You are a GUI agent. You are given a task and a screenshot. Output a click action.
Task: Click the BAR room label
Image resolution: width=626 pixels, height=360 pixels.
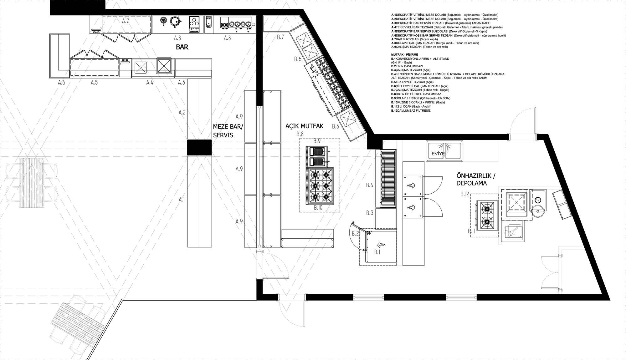coord(182,47)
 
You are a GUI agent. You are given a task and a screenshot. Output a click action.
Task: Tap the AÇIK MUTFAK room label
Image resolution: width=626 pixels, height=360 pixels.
coord(304,126)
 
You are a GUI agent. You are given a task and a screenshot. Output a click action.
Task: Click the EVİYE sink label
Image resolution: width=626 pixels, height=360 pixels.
coord(438,154)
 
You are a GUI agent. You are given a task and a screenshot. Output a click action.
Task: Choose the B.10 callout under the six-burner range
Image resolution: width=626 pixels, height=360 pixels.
coord(318,207)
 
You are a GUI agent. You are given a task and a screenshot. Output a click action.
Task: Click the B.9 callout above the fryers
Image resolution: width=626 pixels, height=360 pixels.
coord(317,141)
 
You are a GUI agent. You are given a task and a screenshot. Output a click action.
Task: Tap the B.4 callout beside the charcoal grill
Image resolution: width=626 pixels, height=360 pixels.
coord(370,185)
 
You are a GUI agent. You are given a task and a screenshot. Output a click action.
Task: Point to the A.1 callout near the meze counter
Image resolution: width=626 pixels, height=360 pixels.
coord(182,199)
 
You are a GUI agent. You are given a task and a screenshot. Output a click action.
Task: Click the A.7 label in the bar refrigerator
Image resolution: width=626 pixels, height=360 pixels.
coord(126,21)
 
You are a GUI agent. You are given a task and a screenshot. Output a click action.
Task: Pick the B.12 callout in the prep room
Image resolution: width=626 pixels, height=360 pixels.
coord(465,194)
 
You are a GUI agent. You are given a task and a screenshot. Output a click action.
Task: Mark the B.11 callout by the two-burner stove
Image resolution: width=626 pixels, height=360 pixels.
coord(472,231)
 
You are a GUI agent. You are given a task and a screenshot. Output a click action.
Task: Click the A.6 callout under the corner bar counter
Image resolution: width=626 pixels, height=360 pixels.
coord(61,83)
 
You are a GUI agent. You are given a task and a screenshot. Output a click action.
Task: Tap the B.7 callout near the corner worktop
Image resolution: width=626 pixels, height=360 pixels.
coord(280,37)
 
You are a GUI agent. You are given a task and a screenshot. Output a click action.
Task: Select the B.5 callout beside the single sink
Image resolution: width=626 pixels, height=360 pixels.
coord(336,126)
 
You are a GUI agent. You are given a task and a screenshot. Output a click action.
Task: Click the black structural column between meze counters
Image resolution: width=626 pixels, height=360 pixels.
coord(199,147)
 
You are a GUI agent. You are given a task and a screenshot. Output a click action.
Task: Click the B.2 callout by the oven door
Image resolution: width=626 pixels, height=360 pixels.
coord(355,234)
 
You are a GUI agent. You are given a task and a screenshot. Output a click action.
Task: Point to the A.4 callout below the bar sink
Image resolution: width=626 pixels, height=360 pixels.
coord(150,83)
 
